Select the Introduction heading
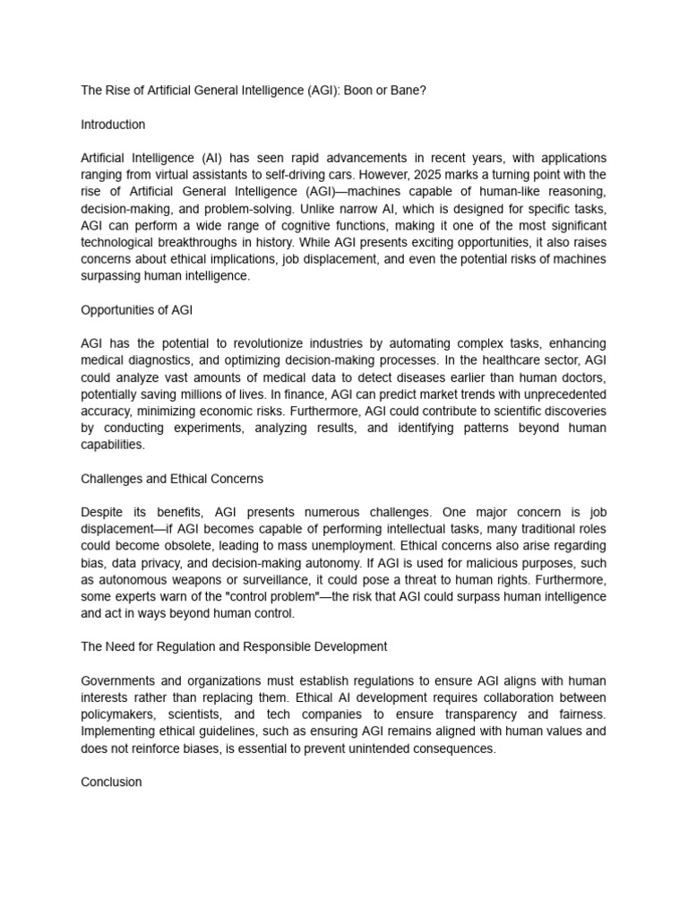pyautogui.click(x=113, y=125)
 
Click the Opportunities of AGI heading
pyautogui.click(x=136, y=309)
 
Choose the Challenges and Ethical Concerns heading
pyautogui.click(x=172, y=479)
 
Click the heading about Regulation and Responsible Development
pyautogui.click(x=234, y=646)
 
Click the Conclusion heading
pyautogui.click(x=111, y=782)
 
